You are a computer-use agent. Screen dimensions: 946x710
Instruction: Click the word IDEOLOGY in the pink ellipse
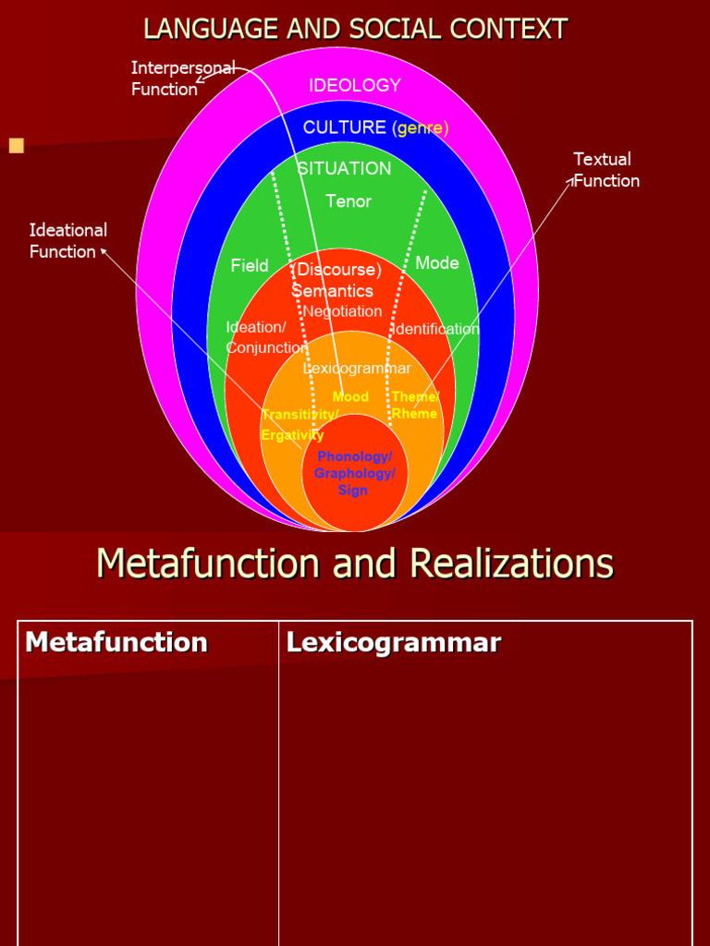click(x=355, y=86)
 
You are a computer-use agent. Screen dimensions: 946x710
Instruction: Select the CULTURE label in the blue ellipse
click(x=345, y=127)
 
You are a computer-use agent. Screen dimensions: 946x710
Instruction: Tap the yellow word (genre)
click(x=420, y=128)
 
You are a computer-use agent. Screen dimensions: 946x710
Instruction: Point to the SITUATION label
click(x=344, y=169)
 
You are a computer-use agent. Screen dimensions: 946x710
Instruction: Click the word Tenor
click(x=349, y=201)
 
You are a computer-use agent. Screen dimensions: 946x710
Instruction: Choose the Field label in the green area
click(x=250, y=266)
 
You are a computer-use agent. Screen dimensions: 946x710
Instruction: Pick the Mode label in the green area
click(x=437, y=263)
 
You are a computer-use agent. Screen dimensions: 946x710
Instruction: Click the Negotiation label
click(x=342, y=311)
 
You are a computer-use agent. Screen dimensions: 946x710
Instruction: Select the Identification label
click(x=436, y=330)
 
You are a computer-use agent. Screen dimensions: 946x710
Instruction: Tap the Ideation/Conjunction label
click(x=266, y=337)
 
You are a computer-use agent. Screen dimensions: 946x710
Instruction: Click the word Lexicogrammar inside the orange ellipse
click(x=357, y=369)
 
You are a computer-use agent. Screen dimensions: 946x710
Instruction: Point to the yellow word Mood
click(x=350, y=397)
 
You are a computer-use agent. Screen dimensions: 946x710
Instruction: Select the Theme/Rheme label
click(x=415, y=405)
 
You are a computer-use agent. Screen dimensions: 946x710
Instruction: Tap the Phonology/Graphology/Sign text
click(x=354, y=473)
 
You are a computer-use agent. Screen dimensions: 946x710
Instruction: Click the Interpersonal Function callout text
click(x=182, y=79)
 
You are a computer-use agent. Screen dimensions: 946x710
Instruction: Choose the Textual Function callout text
click(x=605, y=170)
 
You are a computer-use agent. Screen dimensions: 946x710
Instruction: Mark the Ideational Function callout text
click(x=67, y=240)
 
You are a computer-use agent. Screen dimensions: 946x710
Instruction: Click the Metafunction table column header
click(x=116, y=642)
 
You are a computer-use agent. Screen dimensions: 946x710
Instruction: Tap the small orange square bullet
click(x=16, y=145)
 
